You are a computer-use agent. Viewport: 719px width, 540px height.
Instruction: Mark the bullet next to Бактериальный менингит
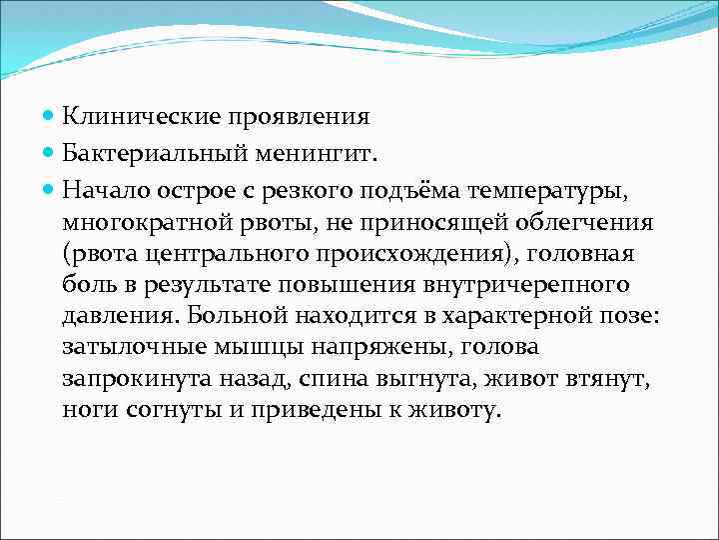(x=50, y=154)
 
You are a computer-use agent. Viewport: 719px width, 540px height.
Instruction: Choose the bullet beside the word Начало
(x=50, y=190)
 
